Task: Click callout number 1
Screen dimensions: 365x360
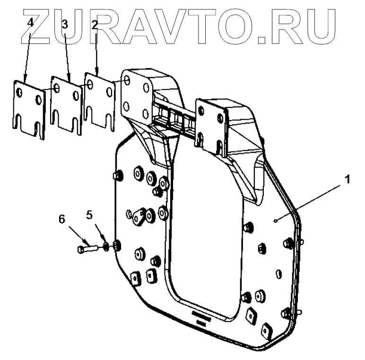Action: click(x=347, y=180)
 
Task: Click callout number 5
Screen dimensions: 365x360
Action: click(x=89, y=215)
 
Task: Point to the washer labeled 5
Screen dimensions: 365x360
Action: click(x=106, y=246)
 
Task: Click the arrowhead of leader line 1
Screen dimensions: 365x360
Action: click(x=276, y=220)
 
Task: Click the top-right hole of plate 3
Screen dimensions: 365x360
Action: click(x=75, y=94)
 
